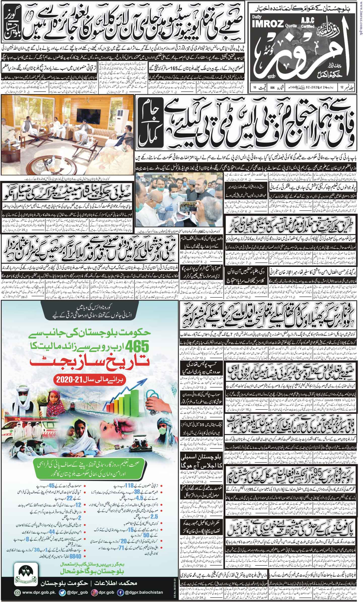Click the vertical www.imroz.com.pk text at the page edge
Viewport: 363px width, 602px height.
361,18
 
